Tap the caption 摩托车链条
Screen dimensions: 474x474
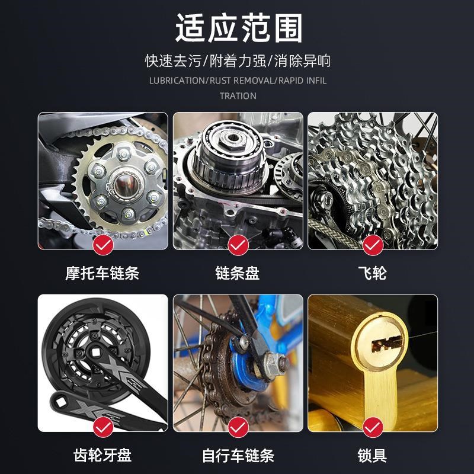pyautogui.click(x=103, y=273)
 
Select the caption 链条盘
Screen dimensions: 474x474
pyautogui.click(x=238, y=273)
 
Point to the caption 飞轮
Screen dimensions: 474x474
pyautogui.click(x=373, y=273)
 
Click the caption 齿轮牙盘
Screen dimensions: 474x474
pyautogui.click(x=103, y=455)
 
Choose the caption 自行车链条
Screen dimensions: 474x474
pyautogui.click(x=238, y=455)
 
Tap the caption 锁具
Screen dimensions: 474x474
pyautogui.click(x=373, y=455)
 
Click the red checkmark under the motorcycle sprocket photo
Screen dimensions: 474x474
pyautogui.click(x=103, y=244)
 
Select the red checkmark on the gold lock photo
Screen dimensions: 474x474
pyautogui.click(x=373, y=425)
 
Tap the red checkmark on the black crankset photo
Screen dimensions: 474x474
pyautogui.click(x=103, y=425)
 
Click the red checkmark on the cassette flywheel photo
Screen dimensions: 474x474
pyautogui.click(x=373, y=244)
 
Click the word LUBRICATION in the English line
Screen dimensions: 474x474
pyautogui.click(x=176, y=81)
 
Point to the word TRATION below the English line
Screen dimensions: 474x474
pyautogui.click(x=238, y=95)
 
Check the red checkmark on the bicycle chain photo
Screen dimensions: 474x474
pyautogui.click(x=238, y=425)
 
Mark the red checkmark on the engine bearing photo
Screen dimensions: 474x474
pyautogui.click(x=238, y=244)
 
